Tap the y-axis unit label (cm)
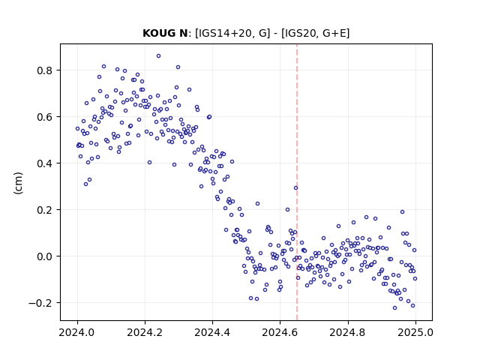[18, 183]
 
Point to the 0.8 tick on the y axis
[45, 70]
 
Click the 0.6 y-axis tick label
[45, 117]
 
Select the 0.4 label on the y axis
[45, 163]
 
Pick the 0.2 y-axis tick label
[45, 210]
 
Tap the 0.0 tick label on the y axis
[45, 256]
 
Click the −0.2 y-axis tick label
[41, 303]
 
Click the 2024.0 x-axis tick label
[77, 332]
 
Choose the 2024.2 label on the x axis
[145, 332]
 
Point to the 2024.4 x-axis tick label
[212, 332]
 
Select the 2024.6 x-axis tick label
[280, 332]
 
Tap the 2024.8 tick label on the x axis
[348, 332]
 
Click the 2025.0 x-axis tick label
[415, 332]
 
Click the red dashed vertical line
[297, 182]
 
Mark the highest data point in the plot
[158, 56]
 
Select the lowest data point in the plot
[395, 308]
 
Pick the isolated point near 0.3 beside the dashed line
[295, 188]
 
